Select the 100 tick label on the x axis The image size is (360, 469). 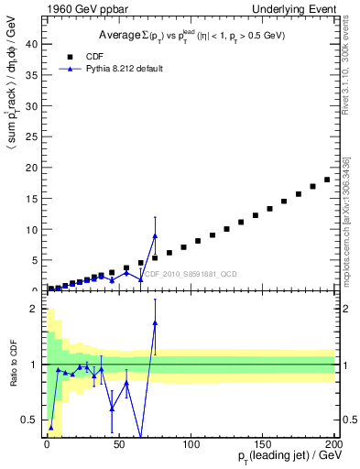pyautogui.click(x=190, y=442)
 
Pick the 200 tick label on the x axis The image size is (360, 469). pyautogui.click(x=333, y=442)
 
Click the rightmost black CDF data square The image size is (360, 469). pyautogui.click(x=327, y=180)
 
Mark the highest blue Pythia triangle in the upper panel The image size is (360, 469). pyautogui.click(x=155, y=236)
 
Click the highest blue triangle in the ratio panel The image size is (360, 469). pyautogui.click(x=155, y=322)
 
